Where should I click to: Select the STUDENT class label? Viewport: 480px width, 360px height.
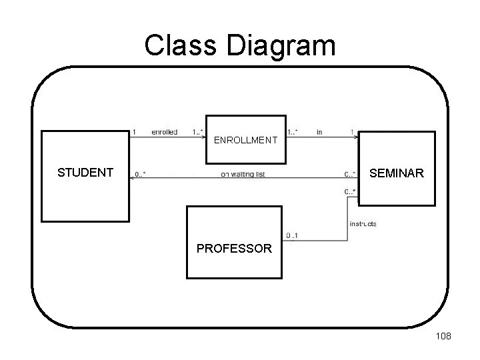85,173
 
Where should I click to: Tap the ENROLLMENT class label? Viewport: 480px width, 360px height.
245,141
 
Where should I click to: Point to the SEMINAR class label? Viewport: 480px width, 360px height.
395,173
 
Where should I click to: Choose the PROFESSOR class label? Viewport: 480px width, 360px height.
234,249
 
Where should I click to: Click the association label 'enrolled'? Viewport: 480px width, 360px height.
164,132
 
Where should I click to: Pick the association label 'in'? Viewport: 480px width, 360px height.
319,132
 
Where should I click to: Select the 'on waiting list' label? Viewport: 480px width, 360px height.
242,175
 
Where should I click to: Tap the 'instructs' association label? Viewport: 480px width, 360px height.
362,224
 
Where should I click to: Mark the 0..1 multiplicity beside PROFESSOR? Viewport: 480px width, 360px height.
292,235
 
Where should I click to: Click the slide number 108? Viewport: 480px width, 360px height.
443,336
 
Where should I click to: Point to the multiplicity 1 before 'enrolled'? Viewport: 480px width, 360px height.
135,132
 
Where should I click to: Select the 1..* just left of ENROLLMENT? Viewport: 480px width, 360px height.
197,132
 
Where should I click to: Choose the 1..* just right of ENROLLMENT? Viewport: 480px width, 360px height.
292,132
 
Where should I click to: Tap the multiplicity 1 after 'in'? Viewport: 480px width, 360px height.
351,132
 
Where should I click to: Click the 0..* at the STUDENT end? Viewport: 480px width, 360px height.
140,175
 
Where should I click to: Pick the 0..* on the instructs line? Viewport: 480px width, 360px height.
350,192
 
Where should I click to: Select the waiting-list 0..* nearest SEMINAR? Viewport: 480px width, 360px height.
350,175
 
